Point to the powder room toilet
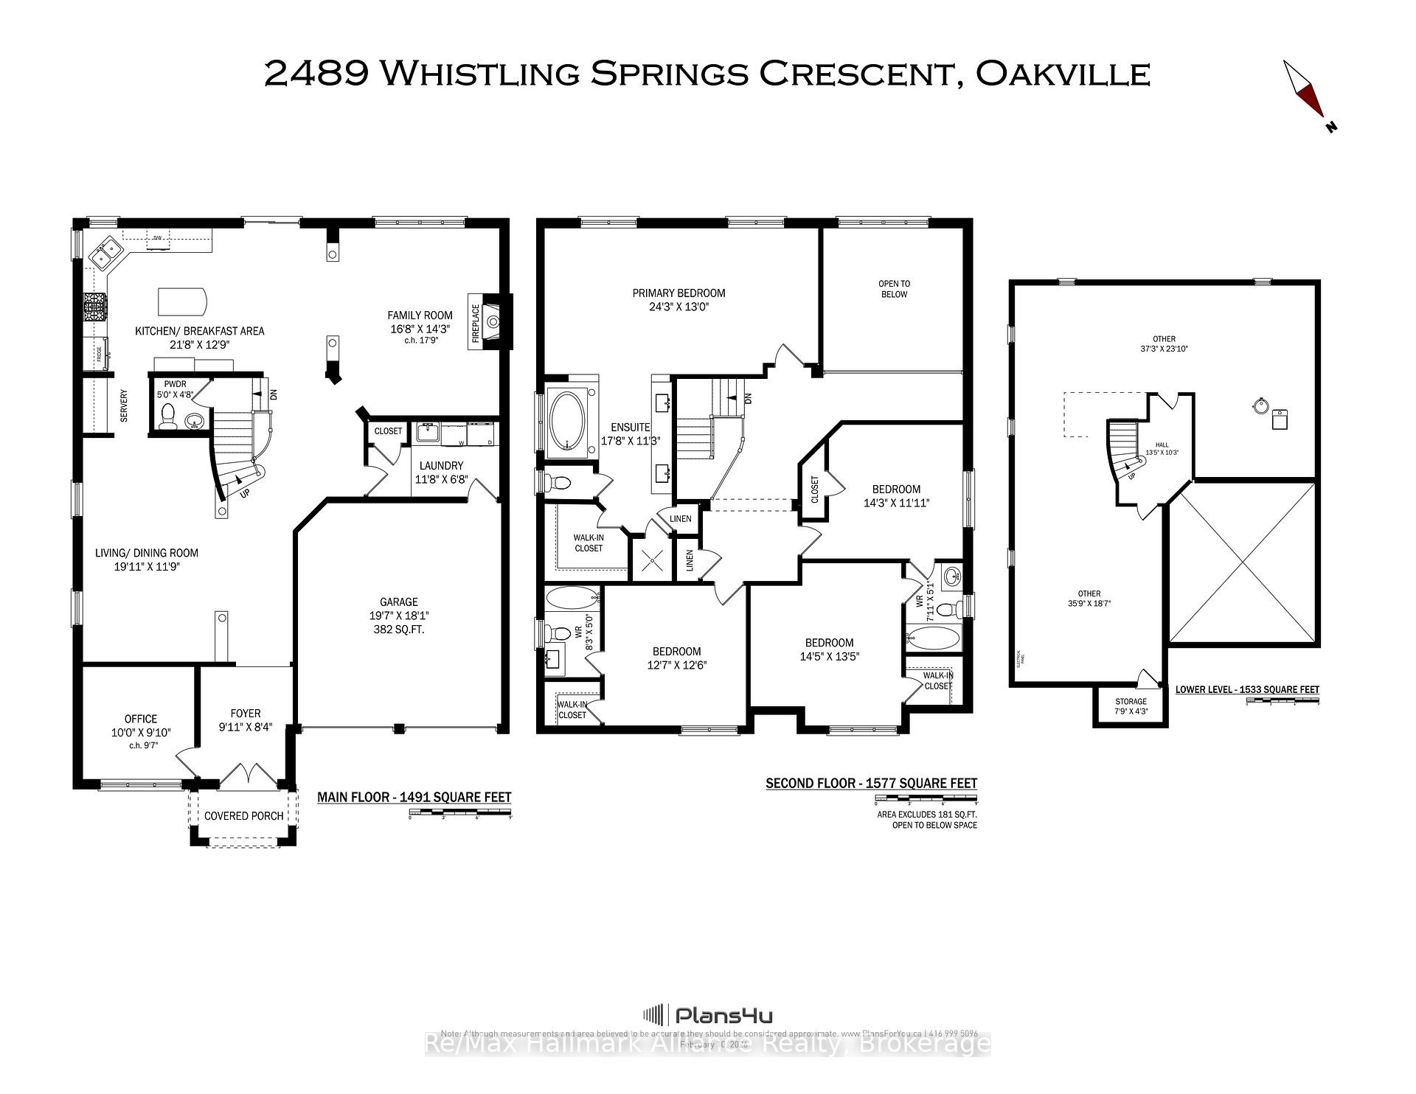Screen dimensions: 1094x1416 167,415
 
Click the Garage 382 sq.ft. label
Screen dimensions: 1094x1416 398,616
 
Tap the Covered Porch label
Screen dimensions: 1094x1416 243,816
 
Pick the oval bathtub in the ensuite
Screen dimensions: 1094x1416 566,422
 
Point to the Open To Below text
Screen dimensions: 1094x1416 894,289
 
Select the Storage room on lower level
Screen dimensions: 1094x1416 1130,706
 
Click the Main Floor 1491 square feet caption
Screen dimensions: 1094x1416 414,798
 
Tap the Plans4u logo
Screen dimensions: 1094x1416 708,1016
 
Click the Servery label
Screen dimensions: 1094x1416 124,406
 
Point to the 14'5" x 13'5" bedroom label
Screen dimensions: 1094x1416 829,649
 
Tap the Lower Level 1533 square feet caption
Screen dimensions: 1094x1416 1246,690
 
